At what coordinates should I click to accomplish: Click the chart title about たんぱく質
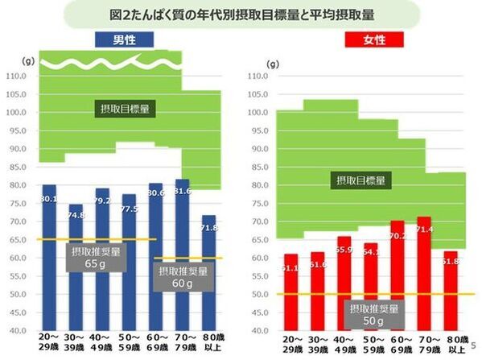click(x=241, y=14)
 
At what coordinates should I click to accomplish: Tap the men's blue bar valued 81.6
click(x=183, y=258)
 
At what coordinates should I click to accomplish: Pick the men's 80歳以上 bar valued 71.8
click(x=209, y=274)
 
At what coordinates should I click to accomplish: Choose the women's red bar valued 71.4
click(x=424, y=274)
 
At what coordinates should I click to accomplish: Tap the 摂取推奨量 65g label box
click(x=97, y=257)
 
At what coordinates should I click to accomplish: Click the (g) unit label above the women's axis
click(x=272, y=62)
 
